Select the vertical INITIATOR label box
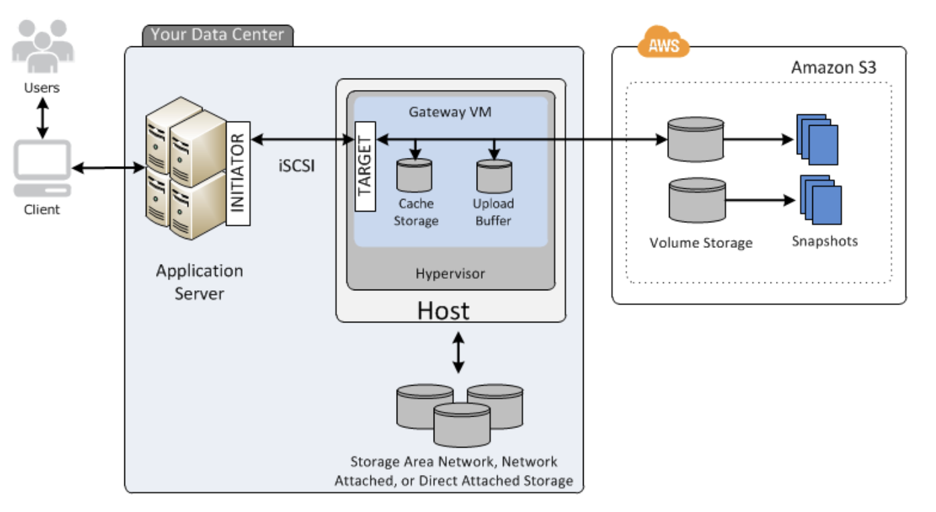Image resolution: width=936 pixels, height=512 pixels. pyautogui.click(x=238, y=173)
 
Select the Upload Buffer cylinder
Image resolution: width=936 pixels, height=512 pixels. pyautogui.click(x=494, y=176)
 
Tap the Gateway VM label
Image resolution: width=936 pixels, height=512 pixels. pyautogui.click(x=450, y=112)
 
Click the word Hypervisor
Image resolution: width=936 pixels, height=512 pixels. pyautogui.click(x=450, y=273)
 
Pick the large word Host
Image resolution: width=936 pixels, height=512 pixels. pyautogui.click(x=443, y=310)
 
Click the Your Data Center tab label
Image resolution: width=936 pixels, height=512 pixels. pyautogui.click(x=217, y=35)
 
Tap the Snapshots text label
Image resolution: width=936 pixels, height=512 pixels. pyautogui.click(x=824, y=241)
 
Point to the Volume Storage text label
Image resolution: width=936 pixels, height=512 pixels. pyautogui.click(x=701, y=243)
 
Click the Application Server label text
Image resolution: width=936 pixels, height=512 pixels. pyautogui.click(x=200, y=282)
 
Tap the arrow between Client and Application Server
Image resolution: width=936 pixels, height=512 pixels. pyautogui.click(x=108, y=169)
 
